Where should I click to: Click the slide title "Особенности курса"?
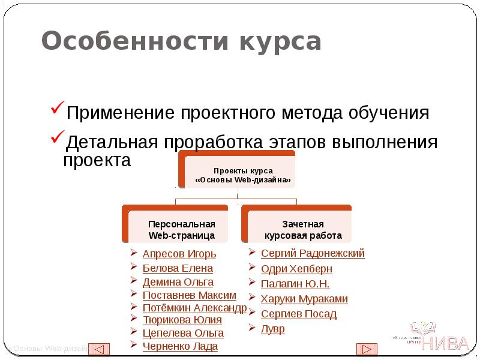click(181, 42)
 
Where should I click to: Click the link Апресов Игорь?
click(179, 254)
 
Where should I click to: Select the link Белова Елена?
click(178, 268)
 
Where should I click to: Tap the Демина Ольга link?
click(178, 282)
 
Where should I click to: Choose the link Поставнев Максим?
click(189, 295)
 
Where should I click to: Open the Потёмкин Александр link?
click(194, 308)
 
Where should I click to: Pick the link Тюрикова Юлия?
click(182, 320)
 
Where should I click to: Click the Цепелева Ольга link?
click(183, 333)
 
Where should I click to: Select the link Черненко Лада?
click(180, 346)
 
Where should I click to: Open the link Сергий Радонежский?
click(313, 253)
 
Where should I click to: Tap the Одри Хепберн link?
click(296, 269)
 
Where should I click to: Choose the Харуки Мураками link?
click(304, 299)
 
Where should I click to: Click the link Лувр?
click(273, 329)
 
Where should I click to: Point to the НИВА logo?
click(438, 339)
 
